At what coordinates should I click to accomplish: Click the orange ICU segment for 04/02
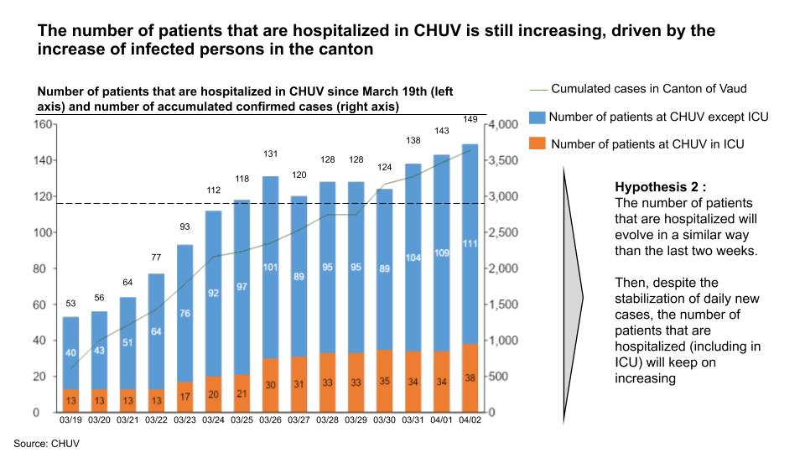click(470, 377)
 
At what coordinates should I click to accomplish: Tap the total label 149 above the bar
click(470, 120)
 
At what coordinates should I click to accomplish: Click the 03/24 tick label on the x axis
click(213, 420)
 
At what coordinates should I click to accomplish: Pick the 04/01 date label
click(442, 420)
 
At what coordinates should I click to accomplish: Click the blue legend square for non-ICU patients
click(537, 117)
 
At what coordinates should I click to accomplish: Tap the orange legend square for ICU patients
click(537, 144)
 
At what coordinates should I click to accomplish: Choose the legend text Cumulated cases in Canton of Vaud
click(637, 89)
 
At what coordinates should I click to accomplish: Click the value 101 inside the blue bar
click(270, 268)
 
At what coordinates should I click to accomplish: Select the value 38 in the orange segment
click(470, 377)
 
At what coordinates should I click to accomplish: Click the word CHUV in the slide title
click(436, 31)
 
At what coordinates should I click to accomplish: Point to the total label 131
click(270, 154)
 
